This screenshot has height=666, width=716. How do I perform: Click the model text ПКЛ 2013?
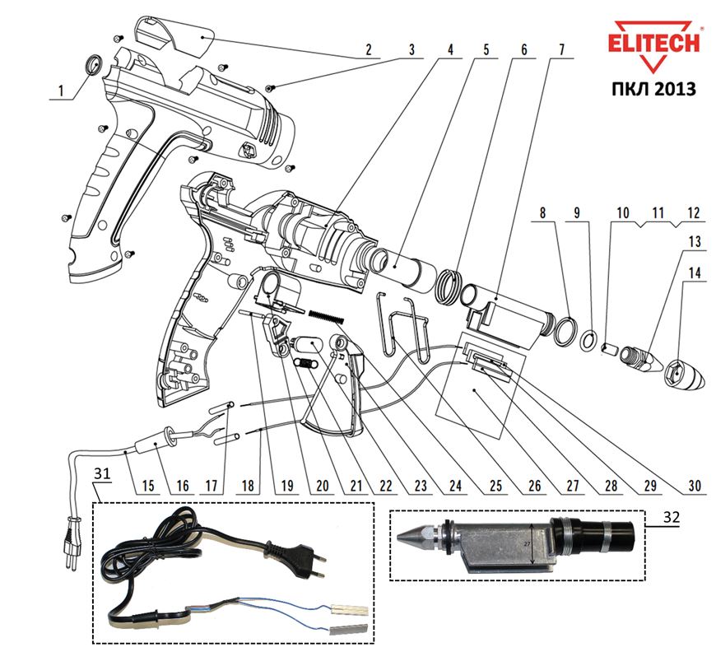coord(655,87)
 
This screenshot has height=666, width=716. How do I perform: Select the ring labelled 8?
coord(564,331)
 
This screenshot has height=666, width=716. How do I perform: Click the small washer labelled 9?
coord(589,338)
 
